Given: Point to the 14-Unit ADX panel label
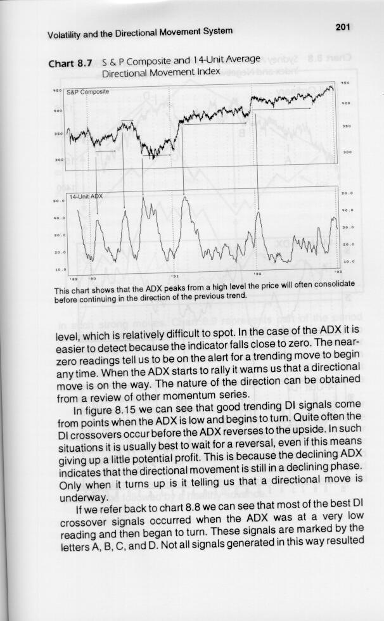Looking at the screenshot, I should click(x=87, y=196).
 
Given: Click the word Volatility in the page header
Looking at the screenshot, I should click(x=65, y=31).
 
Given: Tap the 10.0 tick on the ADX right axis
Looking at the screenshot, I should click(x=347, y=260).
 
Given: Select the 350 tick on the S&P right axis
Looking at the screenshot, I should click(x=346, y=126).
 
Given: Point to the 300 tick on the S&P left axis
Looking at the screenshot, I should click(x=60, y=160).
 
